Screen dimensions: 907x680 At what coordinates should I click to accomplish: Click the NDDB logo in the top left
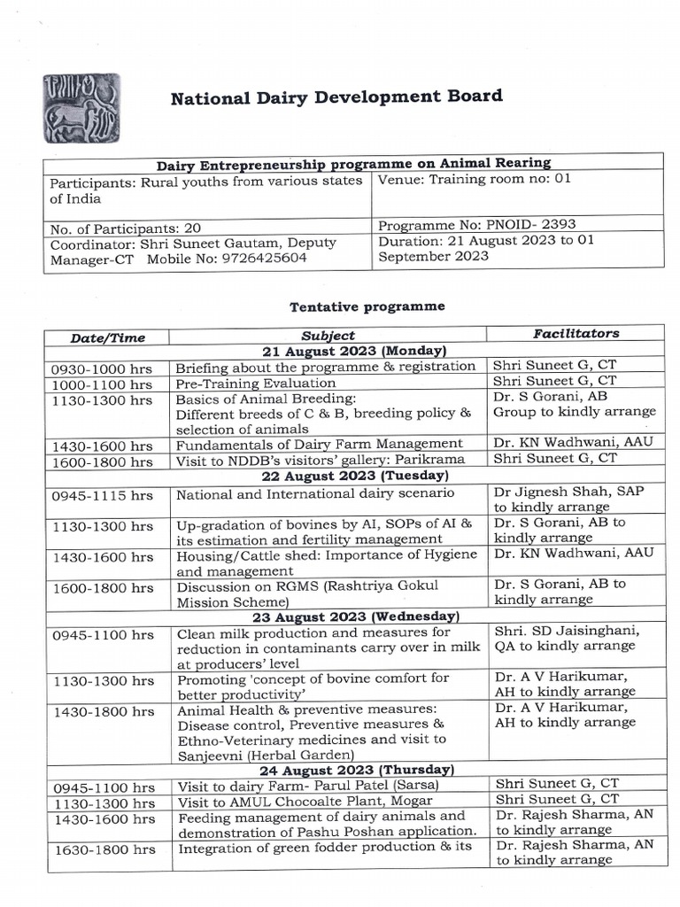(81, 108)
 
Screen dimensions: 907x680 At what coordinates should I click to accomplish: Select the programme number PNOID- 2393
(476, 225)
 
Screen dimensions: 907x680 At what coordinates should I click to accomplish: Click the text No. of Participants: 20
(125, 229)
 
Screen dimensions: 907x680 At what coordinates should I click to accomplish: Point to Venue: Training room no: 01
(475, 179)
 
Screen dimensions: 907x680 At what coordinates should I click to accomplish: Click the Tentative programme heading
(367, 306)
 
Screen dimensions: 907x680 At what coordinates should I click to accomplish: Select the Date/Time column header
(108, 337)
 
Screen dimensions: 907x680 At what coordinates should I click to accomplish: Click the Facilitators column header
(576, 334)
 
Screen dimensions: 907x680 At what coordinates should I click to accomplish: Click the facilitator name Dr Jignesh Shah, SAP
(564, 492)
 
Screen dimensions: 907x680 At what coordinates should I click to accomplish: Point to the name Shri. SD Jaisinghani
(567, 631)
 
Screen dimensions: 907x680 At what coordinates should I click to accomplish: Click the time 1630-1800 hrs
(104, 849)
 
